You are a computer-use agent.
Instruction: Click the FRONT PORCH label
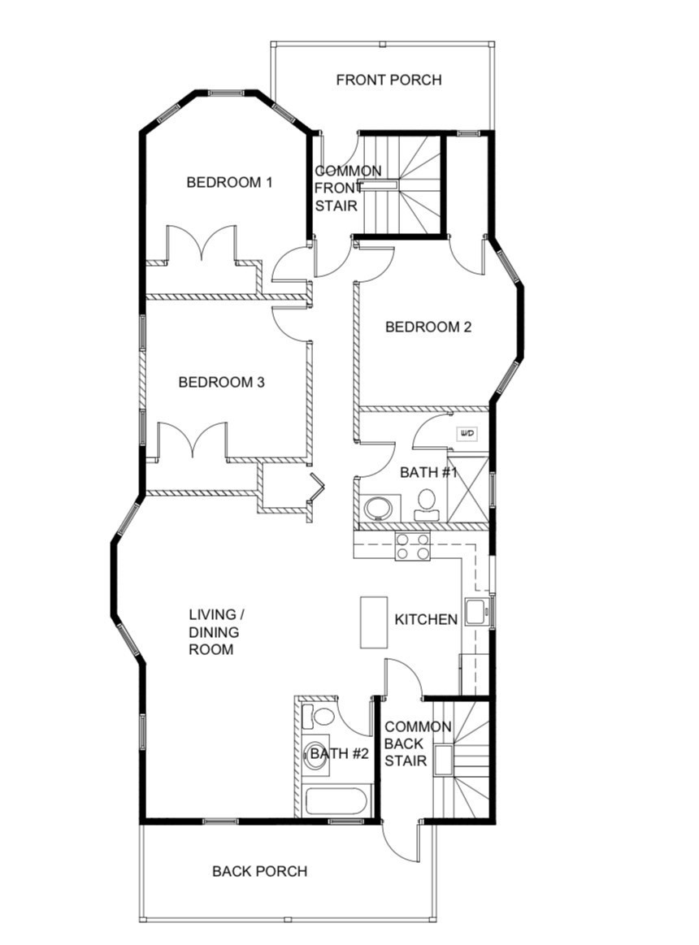coord(389,80)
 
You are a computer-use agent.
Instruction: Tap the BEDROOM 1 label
coord(229,182)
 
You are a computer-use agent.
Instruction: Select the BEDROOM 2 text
coord(428,327)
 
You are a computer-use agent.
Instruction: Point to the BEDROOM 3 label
coord(222,382)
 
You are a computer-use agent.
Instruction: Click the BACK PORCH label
coord(259,871)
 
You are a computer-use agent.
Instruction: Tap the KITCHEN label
coord(426,619)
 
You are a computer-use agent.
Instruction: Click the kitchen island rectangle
coord(374,622)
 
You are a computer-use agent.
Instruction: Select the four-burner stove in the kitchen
coord(412,546)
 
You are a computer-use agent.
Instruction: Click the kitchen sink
coord(475,611)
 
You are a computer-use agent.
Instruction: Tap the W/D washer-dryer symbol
coord(467,433)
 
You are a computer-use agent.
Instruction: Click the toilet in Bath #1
coord(426,505)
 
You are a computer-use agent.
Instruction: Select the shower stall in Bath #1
coord(468,489)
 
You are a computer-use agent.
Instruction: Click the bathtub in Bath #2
coord(336,801)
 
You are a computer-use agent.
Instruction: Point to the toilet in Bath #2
coord(320,717)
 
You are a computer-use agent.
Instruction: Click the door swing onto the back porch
coord(402,843)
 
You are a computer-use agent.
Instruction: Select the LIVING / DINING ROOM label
coord(211,631)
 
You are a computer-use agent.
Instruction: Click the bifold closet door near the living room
coord(316,485)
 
